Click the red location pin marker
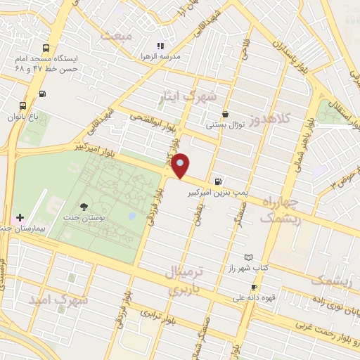[x=181, y=165]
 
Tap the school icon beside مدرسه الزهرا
[x=160, y=46]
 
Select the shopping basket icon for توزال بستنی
[x=225, y=114]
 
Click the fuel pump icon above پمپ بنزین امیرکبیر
[x=220, y=181]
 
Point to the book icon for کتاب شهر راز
[x=247, y=258]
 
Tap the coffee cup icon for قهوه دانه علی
[x=254, y=288]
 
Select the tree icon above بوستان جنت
[x=84, y=207]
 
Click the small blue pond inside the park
[x=131, y=216]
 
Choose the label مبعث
[x=116, y=36]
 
